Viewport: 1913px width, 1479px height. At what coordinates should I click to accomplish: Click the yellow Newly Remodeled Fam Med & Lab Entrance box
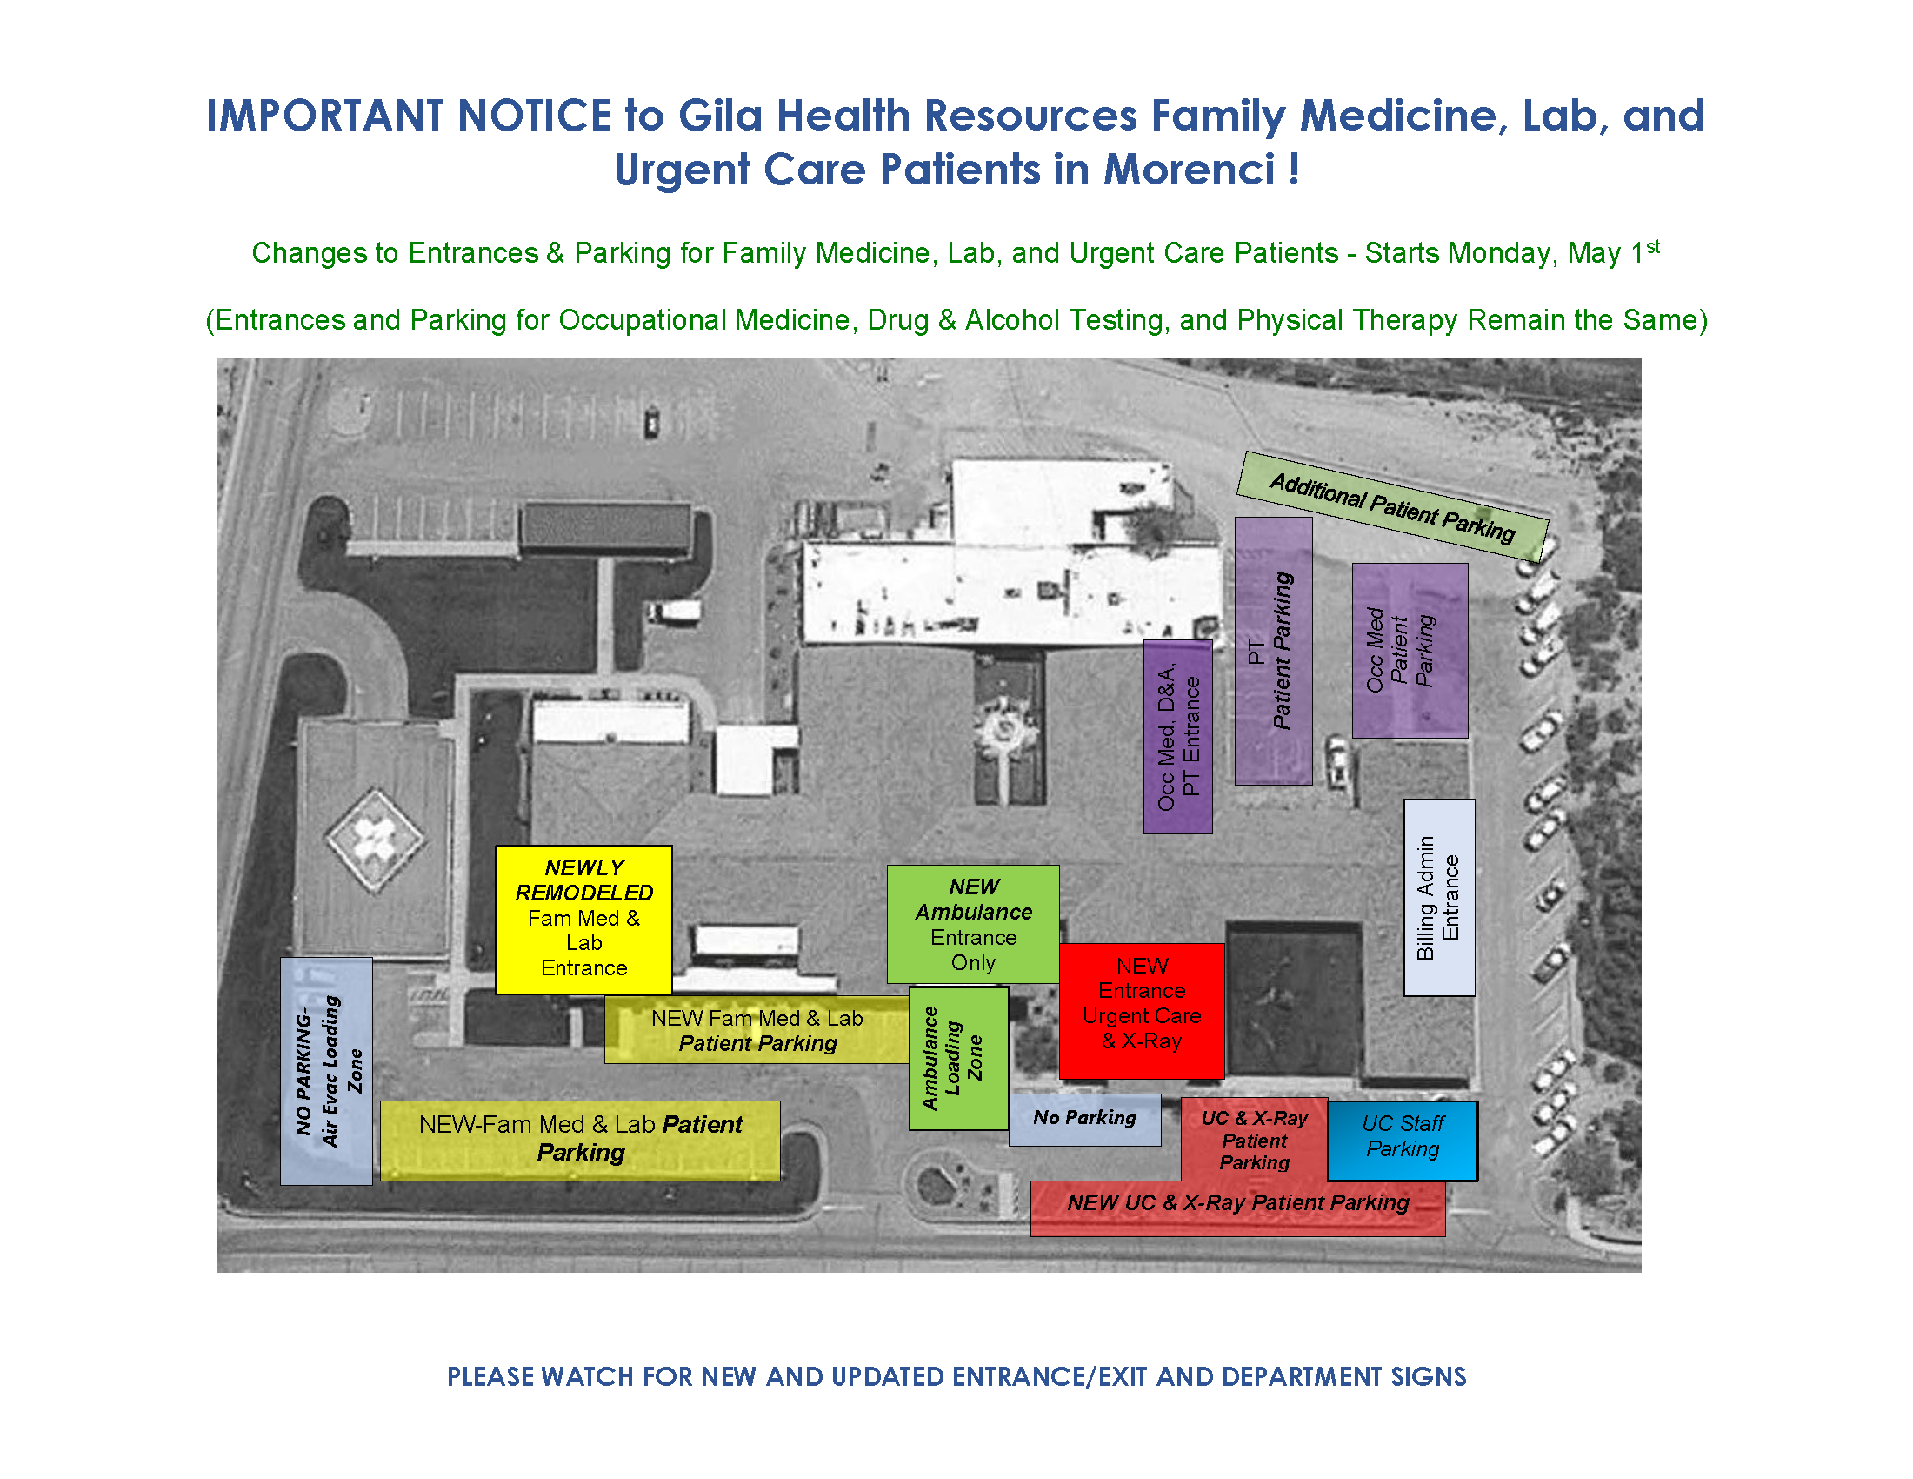point(583,919)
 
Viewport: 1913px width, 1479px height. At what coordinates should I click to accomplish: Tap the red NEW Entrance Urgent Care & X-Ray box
point(1142,1011)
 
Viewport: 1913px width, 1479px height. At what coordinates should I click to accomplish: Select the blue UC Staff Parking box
point(1403,1141)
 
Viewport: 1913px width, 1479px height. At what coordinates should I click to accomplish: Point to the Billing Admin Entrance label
point(1439,897)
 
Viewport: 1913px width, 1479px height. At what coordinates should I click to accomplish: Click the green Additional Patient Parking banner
point(1393,506)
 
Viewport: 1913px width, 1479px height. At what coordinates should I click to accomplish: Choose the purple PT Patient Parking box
point(1274,651)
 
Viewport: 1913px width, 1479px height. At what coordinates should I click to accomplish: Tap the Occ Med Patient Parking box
point(1410,650)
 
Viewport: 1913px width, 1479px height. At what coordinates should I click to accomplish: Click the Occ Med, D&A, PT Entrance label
point(1178,737)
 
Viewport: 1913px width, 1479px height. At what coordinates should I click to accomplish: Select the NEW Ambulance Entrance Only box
point(973,924)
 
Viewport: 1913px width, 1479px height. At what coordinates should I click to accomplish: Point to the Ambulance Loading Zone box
point(958,1059)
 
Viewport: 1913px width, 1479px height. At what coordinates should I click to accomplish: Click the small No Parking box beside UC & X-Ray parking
point(1084,1120)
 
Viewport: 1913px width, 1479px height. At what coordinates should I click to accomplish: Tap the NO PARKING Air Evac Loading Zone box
point(327,1071)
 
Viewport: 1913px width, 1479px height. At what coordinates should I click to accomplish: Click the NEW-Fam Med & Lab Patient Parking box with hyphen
point(580,1140)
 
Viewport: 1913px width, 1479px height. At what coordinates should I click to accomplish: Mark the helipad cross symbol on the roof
point(376,840)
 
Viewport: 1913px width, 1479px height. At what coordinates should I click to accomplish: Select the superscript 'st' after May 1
point(1653,246)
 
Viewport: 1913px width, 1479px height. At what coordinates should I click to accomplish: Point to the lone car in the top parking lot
point(651,422)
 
